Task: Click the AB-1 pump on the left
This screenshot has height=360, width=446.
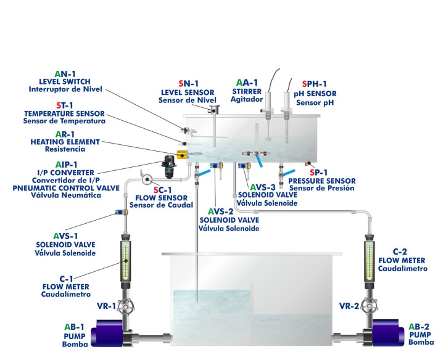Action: [x=110, y=335]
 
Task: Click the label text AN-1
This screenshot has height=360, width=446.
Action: [x=64, y=72]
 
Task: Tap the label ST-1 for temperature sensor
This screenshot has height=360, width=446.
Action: [x=64, y=105]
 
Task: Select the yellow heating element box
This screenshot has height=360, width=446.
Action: [x=183, y=154]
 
